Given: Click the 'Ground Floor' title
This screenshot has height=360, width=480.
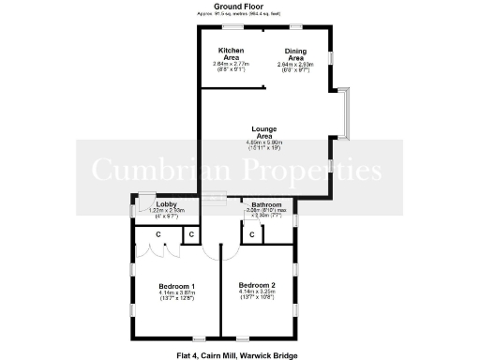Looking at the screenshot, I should [x=243, y=7].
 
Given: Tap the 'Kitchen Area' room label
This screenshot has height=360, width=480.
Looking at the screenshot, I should [x=232, y=52].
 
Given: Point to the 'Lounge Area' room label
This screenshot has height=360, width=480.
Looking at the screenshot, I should [x=262, y=132].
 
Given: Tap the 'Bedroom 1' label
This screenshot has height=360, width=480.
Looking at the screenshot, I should [x=176, y=286].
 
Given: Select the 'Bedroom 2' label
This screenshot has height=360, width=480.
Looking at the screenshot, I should [x=256, y=284].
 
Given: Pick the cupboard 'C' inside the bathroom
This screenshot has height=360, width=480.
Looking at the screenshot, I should [x=252, y=234].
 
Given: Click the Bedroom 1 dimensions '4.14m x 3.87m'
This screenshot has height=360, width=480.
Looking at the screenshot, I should [x=176, y=293].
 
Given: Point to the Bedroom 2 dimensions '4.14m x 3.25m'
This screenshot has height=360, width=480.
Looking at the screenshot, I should [x=256, y=292].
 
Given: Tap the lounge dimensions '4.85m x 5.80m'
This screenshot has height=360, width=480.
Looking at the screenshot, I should [x=263, y=142].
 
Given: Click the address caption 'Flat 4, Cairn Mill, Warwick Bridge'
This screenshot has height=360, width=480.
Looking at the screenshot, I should [x=242, y=354].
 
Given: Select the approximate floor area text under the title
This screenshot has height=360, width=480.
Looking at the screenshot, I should [x=243, y=15].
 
